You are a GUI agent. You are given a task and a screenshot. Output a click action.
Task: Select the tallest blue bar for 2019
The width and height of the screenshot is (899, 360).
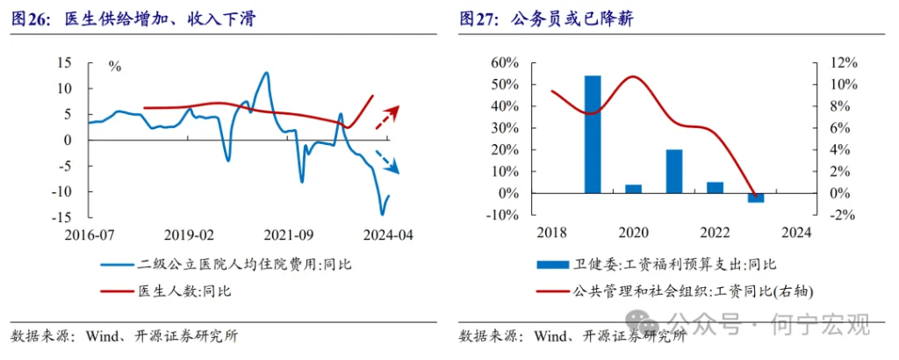(593, 134)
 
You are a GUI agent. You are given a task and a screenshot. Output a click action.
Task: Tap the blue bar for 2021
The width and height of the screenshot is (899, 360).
(674, 171)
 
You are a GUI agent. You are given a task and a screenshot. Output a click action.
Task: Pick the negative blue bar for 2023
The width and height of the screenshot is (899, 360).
(756, 198)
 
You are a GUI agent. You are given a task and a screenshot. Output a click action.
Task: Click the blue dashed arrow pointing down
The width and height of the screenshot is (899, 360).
(387, 162)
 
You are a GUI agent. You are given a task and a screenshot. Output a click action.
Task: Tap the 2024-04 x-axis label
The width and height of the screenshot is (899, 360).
(388, 235)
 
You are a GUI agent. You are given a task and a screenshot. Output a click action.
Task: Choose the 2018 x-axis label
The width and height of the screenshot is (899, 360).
(552, 234)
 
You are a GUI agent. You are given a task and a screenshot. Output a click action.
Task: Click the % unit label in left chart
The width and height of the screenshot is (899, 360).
(114, 66)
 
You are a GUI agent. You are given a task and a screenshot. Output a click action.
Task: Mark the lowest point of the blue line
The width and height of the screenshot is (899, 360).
(382, 213)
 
